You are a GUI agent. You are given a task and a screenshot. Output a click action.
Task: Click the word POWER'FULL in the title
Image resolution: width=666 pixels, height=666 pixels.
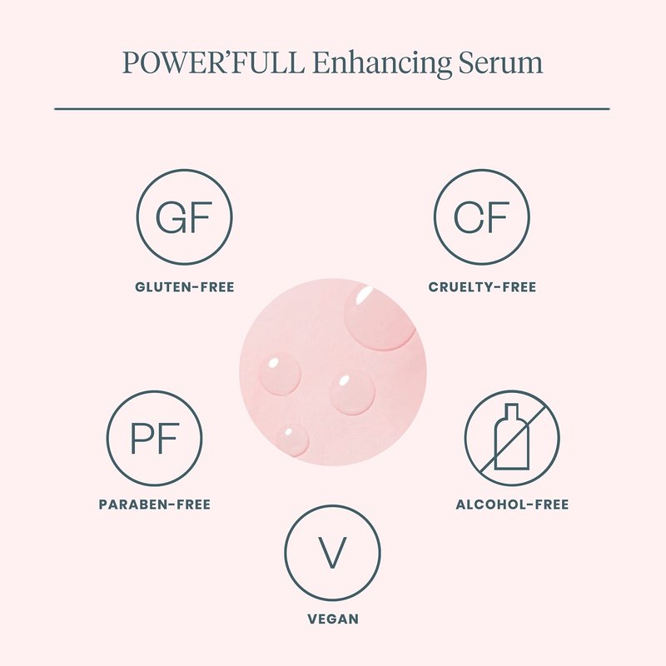tap(214, 62)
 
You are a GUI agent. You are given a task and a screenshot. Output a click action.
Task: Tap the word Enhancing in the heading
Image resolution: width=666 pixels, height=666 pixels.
tap(381, 64)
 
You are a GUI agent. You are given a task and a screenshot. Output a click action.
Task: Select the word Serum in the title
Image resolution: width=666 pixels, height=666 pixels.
tap(500, 62)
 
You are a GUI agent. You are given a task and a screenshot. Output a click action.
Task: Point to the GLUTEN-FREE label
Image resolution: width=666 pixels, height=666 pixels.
tap(184, 287)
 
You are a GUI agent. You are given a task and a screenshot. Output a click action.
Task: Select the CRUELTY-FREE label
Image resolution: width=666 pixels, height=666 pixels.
tap(482, 287)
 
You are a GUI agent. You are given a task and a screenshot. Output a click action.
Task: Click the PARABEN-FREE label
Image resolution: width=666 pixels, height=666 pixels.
tap(155, 504)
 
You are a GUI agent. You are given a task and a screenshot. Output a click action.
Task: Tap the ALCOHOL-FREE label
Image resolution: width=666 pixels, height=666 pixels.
tap(512, 504)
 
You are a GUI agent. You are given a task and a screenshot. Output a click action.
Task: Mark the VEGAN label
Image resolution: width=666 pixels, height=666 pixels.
tap(333, 619)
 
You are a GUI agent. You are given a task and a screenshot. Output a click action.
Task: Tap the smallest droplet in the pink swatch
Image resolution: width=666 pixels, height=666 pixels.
tap(292, 439)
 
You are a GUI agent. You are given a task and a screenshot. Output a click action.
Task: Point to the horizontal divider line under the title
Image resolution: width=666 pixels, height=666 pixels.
tap(332, 109)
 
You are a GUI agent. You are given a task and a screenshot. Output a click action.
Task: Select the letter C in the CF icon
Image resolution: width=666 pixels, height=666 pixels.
tap(469, 217)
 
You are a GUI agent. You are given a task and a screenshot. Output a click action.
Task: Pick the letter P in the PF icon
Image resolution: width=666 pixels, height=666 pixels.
tap(139, 438)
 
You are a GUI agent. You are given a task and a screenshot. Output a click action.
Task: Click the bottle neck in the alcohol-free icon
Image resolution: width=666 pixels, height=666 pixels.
tap(511, 411)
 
